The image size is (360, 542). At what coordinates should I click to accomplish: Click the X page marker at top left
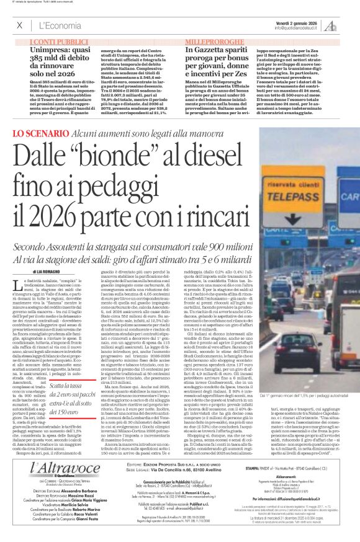tap(19, 25)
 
